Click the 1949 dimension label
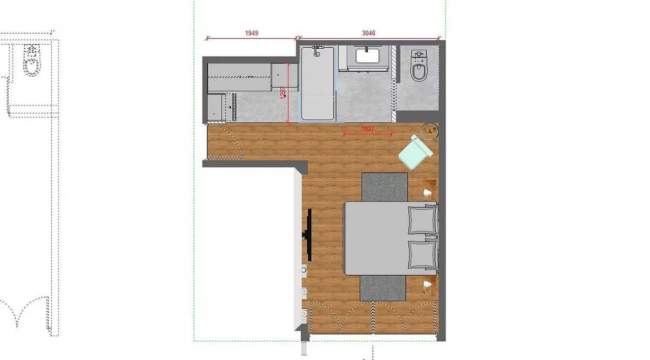pyautogui.click(x=251, y=33)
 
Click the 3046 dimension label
pyautogui.click(x=369, y=33)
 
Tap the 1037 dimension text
pyautogui.click(x=368, y=128)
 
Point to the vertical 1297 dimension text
pyautogui.click(x=283, y=93)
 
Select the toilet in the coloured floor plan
pyautogui.click(x=419, y=66)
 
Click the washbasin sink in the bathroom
pyautogui.click(x=367, y=56)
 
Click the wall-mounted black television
pyautogui.click(x=308, y=235)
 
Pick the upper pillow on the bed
pyautogui.click(x=422, y=219)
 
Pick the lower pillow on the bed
pyautogui.click(x=422, y=254)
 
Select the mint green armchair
pyautogui.click(x=415, y=153)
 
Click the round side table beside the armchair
pyautogui.click(x=430, y=132)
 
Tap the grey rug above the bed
pyautogui.click(x=384, y=187)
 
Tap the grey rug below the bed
pyautogui.click(x=382, y=288)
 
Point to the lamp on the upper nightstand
pyautogui.click(x=428, y=193)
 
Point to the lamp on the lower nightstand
pyautogui.click(x=428, y=284)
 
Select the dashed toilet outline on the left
pyautogui.click(x=32, y=60)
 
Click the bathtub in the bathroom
pyautogui.click(x=317, y=83)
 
